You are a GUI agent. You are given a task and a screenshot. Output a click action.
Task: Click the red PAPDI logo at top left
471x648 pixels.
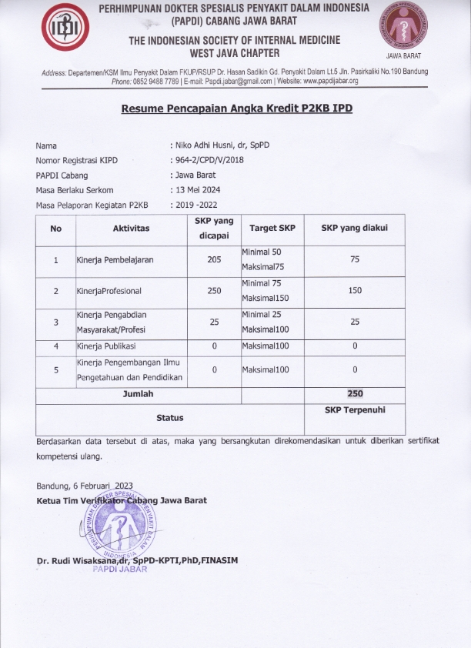tap(64, 30)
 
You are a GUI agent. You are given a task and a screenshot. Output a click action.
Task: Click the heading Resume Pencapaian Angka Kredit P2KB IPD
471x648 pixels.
tap(236, 109)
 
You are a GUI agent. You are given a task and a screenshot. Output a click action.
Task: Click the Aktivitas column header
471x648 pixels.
tap(131, 229)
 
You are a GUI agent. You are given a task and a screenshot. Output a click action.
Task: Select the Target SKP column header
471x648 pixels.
tap(272, 229)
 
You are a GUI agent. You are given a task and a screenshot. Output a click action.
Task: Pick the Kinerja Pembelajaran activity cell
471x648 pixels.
tap(115, 259)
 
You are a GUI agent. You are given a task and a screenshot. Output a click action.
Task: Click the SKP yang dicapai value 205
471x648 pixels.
tap(215, 259)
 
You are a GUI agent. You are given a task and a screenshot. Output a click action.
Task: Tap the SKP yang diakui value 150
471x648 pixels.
tap(355, 291)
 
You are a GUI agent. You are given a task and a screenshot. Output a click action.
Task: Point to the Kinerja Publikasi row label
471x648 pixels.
tap(106, 346)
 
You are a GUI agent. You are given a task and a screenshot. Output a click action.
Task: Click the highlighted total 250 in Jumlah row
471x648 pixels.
tap(355, 393)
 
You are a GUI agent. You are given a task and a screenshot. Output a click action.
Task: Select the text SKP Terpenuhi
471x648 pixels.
tap(355, 409)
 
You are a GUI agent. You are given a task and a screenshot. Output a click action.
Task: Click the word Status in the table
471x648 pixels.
tap(170, 418)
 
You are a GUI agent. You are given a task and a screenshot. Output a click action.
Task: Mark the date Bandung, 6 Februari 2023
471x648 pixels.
tap(85, 485)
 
